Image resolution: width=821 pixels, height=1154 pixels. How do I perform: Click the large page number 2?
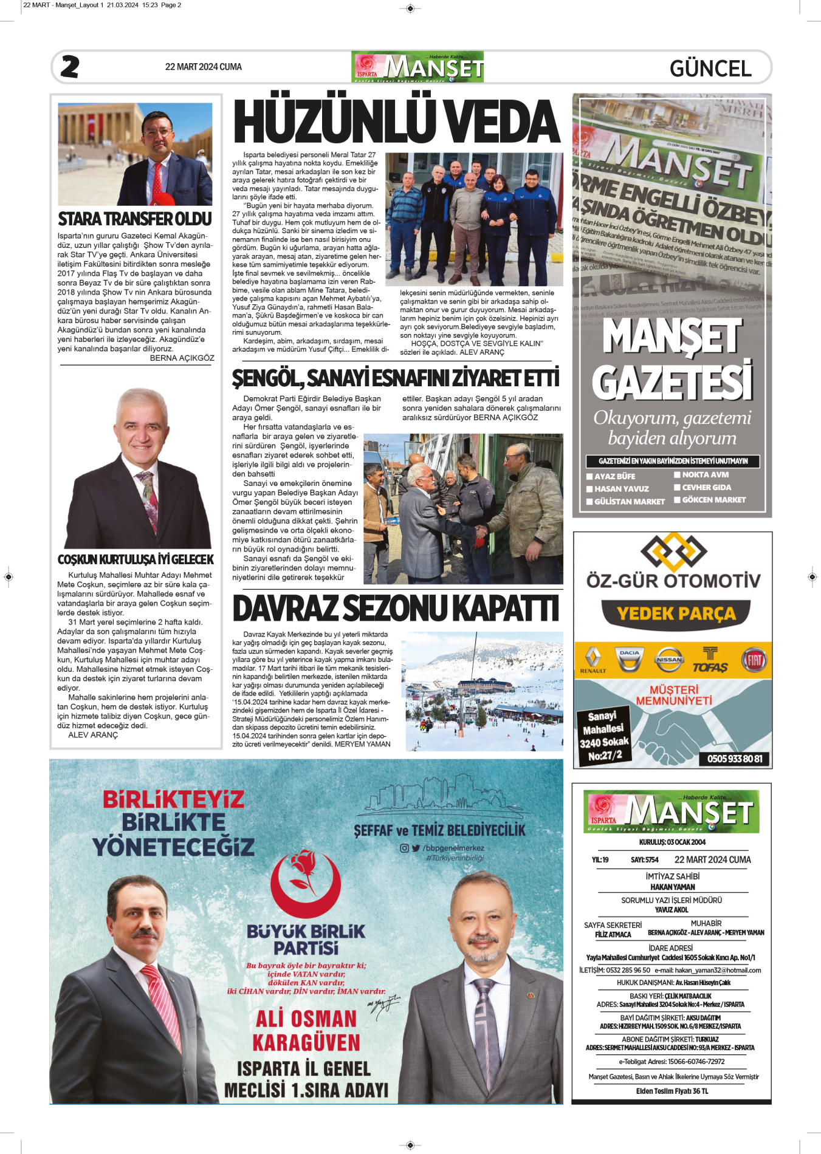click(70, 67)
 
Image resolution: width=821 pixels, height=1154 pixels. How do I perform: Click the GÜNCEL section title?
click(710, 68)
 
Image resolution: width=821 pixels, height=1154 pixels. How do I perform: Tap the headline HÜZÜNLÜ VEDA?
click(396, 121)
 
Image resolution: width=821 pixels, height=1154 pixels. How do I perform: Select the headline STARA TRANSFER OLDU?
click(135, 219)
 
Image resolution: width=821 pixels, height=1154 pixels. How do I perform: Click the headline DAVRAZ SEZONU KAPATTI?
click(396, 609)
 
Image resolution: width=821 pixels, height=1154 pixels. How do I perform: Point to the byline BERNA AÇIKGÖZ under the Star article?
click(182, 358)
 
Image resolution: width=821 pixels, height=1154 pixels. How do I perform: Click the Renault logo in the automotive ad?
click(593, 658)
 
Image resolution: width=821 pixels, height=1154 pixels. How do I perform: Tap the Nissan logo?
click(669, 660)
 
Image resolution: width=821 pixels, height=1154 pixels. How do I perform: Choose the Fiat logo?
click(754, 660)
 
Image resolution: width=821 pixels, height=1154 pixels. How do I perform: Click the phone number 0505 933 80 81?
click(734, 759)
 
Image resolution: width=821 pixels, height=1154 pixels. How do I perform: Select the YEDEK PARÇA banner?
click(676, 613)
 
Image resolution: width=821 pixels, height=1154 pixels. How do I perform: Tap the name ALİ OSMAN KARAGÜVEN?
click(306, 1030)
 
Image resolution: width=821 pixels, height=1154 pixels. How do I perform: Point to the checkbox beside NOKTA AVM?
click(677, 475)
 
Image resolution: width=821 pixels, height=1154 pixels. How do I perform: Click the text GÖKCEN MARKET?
click(713, 500)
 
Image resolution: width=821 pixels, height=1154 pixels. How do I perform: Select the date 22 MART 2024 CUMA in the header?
click(203, 67)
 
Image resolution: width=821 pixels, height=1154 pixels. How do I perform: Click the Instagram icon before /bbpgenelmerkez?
click(404, 848)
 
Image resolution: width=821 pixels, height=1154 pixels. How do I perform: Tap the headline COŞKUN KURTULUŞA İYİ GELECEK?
click(136, 559)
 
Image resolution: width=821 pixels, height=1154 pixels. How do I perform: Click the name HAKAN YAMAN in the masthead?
click(672, 887)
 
